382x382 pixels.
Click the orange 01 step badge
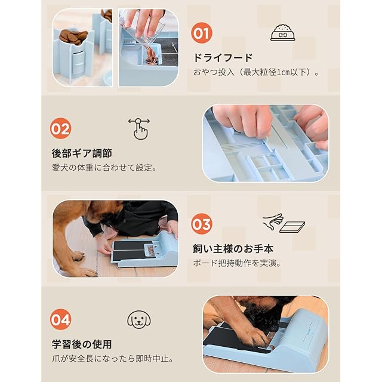pos(202,33)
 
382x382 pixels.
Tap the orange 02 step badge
pos(61,128)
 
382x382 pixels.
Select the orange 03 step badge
pos(202,224)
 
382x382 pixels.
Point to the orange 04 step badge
pos(61,319)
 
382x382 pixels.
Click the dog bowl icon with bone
pos(282,33)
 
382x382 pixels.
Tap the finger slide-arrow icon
pos(139,129)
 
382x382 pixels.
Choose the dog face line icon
pos(139,319)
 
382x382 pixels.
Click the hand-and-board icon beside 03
pos(284,223)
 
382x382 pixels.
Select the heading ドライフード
pos(223,58)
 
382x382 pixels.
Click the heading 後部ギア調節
pos(82,153)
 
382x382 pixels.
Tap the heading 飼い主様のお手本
pos(233,249)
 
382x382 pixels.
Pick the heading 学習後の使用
pos(82,344)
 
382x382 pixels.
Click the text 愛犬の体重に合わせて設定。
pos(104,168)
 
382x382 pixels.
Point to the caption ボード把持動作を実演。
pos(238,263)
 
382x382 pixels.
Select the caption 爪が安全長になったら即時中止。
pos(113,359)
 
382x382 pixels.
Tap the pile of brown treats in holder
pos(73,37)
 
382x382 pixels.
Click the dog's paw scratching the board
pos(256,337)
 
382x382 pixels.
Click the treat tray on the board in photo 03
pos(150,250)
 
